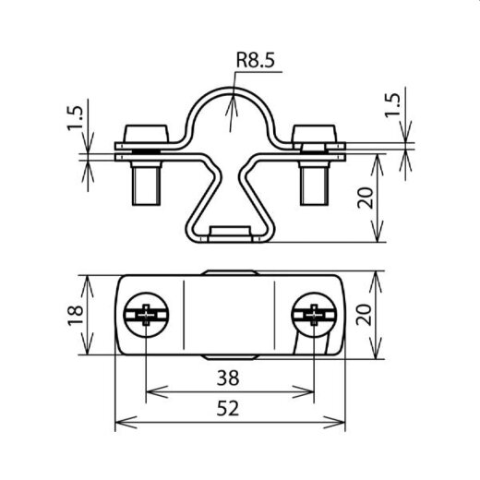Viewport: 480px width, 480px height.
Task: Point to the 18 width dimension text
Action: pos(77,316)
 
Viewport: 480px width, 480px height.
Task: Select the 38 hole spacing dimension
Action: pos(229,377)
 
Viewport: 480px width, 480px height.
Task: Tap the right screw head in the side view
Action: pos(314,131)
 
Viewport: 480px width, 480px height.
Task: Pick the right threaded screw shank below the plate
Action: pos(314,183)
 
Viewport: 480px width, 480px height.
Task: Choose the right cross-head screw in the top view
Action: pos(313,316)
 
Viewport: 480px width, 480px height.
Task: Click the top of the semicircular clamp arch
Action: pos(230,90)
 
